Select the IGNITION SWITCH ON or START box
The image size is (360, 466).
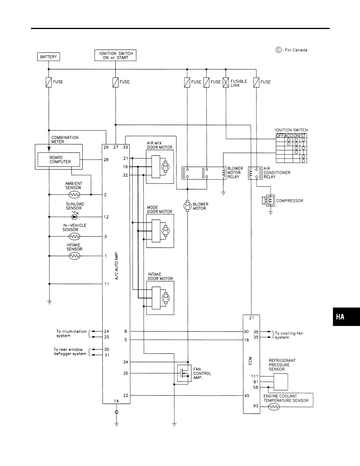pyautogui.click(x=116, y=55)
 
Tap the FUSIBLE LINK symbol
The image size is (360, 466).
pyautogui.click(x=226, y=82)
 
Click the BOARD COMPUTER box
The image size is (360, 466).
pyautogui.click(x=58, y=160)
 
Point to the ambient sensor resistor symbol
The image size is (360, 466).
pyautogui.click(x=75, y=194)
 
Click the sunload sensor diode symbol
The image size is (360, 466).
pyautogui.click(x=75, y=217)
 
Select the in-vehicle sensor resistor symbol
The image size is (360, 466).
pyautogui.click(x=75, y=237)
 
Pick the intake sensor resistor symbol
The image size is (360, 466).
pyautogui.click(x=75, y=256)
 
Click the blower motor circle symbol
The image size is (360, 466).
pyautogui.click(x=188, y=206)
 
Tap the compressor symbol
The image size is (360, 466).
pyautogui.click(x=270, y=201)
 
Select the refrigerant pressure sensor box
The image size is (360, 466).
pyautogui.click(x=280, y=381)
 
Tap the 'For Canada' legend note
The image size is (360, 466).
pyautogui.click(x=291, y=50)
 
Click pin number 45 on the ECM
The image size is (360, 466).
pyautogui.click(x=247, y=395)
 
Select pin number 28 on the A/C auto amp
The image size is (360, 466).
pyautogui.click(x=107, y=160)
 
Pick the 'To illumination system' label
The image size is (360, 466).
pyautogui.click(x=71, y=333)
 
